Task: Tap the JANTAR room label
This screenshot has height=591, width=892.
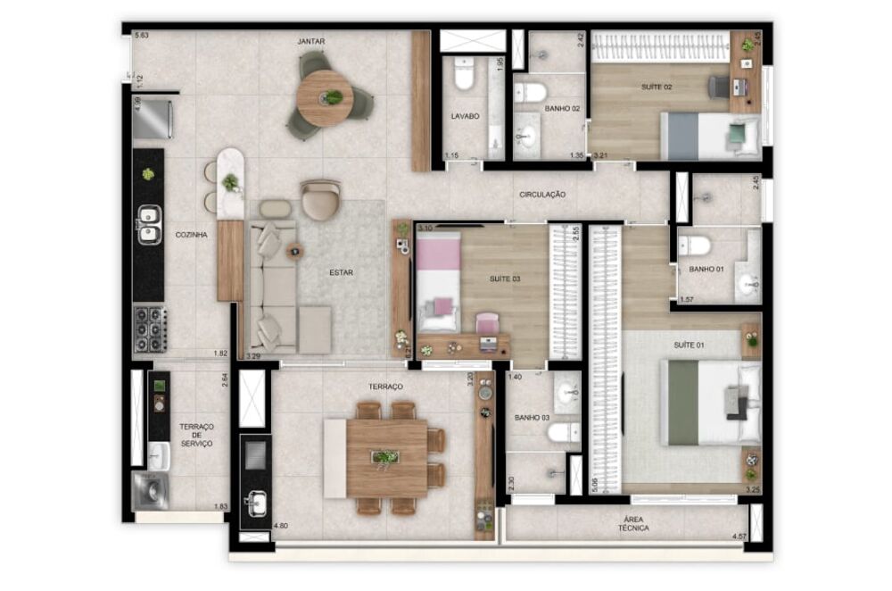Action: coord(310,42)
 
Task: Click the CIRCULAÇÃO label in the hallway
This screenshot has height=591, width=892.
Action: coord(542,194)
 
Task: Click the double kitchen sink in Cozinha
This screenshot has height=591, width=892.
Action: coord(149,223)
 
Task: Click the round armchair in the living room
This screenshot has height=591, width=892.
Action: coord(320,199)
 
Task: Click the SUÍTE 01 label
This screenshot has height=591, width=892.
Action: coord(689,344)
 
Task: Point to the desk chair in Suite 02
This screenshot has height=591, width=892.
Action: coord(719,87)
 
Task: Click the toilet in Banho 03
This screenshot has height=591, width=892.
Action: coord(562,434)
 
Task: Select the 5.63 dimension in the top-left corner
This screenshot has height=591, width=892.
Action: coord(140,36)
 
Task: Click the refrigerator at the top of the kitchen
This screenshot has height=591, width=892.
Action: coord(152,118)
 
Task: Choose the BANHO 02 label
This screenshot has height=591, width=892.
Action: coord(563,109)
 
